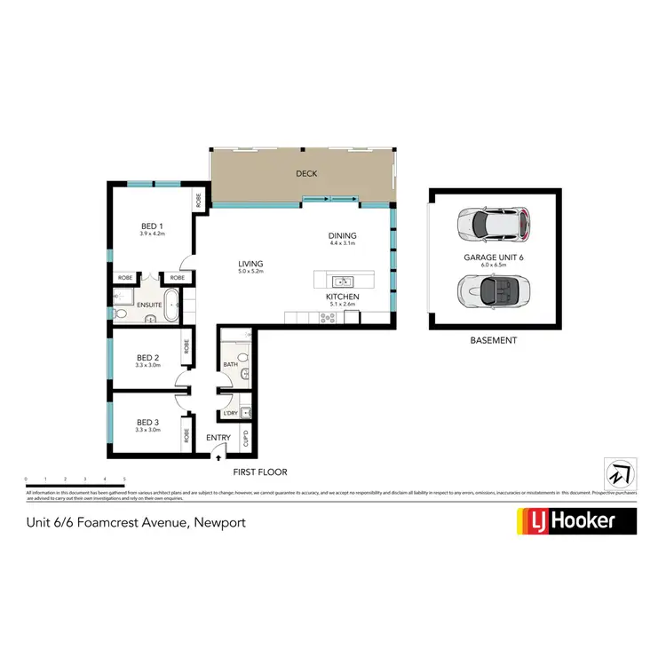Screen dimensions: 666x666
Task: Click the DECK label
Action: tap(307, 174)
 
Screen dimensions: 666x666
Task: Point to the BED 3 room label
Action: tap(147, 423)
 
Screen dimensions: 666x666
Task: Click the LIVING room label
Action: tap(251, 263)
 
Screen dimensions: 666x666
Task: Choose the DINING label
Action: tap(342, 236)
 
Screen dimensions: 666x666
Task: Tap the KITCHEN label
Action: tap(342, 297)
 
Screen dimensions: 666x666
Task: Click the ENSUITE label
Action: tap(149, 305)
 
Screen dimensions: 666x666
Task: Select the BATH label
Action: tap(230, 364)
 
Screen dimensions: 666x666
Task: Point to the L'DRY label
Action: tap(230, 413)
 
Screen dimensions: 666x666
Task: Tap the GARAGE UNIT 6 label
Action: tap(493, 257)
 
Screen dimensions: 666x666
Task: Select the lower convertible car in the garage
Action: tap(493, 289)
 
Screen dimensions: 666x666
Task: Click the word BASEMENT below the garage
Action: tap(493, 340)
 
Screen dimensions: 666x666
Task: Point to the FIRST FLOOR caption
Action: tap(259, 472)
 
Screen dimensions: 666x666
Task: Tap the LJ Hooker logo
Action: tap(576, 521)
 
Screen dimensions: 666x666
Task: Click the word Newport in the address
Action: tap(218, 522)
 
